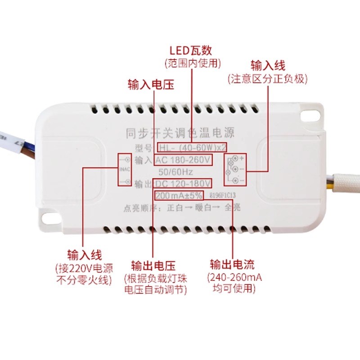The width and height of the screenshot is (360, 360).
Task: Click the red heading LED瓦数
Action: pos(190,49)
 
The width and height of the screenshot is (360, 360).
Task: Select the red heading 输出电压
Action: pos(153,265)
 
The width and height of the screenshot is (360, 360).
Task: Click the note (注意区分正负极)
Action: pos(268,79)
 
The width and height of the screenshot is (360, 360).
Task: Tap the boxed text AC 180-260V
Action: pos(183,160)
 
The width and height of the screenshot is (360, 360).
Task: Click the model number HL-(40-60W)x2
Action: pos(191,147)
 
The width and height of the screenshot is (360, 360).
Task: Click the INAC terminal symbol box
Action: pos(125,170)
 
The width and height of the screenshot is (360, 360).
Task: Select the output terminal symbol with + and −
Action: pos(234,169)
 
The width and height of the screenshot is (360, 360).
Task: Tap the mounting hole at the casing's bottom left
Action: pos(49,219)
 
